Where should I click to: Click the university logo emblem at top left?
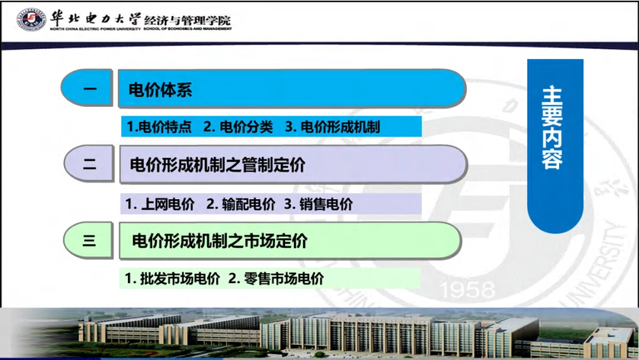(31, 19)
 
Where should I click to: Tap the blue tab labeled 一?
(89, 89)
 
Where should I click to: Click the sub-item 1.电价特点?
(159, 127)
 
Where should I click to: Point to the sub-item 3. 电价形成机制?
(332, 127)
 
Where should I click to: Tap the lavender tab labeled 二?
(89, 164)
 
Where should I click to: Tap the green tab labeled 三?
(89, 240)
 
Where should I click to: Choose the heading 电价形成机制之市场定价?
(220, 241)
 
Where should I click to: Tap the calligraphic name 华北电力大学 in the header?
(94, 16)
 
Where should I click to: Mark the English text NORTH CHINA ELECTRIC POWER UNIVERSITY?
(94, 29)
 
